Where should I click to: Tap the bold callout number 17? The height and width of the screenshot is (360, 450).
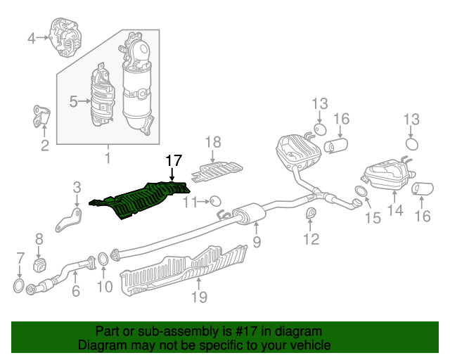tap(173, 161)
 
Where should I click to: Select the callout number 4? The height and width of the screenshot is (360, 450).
tap(32, 38)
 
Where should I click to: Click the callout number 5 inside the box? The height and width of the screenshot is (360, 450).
tap(74, 102)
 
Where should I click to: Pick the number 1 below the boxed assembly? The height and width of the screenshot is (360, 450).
tap(108, 158)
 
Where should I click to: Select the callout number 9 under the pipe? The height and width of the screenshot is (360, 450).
tap(257, 243)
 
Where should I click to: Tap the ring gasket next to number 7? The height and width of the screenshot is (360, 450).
tap(19, 285)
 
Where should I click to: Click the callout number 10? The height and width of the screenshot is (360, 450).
tap(104, 286)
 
